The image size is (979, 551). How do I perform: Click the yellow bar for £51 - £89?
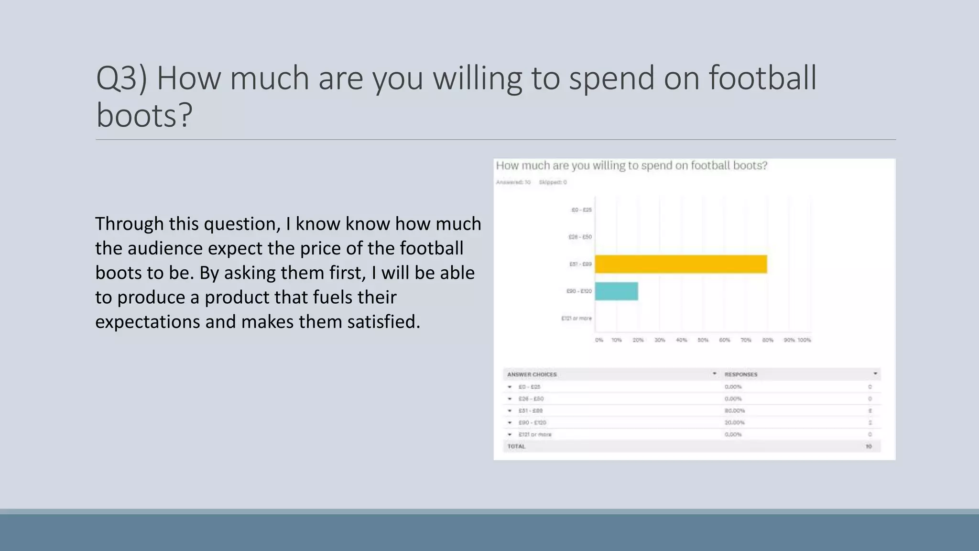681,264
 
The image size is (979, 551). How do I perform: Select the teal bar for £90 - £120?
616,291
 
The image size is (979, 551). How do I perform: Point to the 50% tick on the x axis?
703,340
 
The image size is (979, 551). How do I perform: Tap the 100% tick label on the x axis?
804,340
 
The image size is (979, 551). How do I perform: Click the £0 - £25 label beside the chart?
581,210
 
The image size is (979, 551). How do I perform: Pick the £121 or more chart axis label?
576,318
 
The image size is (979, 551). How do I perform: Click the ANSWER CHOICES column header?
532,375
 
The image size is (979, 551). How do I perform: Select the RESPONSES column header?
741,375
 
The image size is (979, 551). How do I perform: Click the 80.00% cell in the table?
735,411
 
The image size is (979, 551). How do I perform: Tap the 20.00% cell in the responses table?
735,423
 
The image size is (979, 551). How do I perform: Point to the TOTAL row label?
516,447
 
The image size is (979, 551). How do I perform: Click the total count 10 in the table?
869,447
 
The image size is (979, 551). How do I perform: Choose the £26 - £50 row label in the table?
531,399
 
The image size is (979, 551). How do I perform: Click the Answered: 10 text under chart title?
513,182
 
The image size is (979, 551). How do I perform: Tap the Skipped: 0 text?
553,182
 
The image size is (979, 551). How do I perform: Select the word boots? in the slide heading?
144,116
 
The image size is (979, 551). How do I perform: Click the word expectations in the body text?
148,322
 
